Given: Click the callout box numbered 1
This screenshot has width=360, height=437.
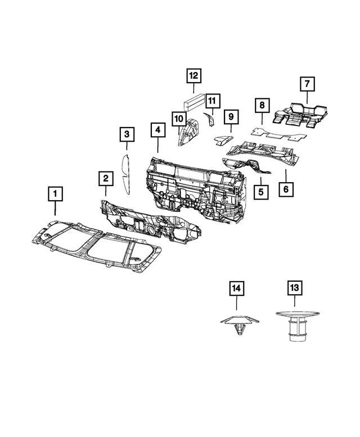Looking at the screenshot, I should (55, 195).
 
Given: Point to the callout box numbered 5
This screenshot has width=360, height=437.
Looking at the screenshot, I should (261, 192).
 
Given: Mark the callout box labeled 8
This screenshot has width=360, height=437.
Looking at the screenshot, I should (262, 105).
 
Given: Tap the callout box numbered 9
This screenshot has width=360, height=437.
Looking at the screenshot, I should (231, 117).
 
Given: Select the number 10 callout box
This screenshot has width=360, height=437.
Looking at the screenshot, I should (178, 119).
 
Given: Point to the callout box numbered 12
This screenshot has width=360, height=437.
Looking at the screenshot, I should (193, 75).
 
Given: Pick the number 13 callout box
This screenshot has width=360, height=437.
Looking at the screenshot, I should (294, 288).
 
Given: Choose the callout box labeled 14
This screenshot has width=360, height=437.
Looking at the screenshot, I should (237, 288).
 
